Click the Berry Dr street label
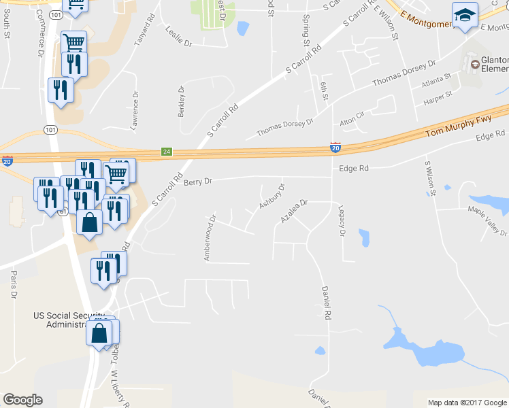pos(198,182)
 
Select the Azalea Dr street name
pos(295,211)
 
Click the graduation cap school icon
pos(465,15)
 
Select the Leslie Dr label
pos(179,36)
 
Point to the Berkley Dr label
pos(182,101)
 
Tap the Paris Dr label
pos(13,285)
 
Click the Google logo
pos(23,400)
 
